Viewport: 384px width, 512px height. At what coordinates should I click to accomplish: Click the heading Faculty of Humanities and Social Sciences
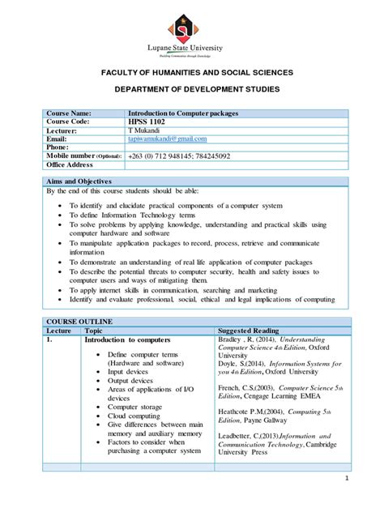click(192, 73)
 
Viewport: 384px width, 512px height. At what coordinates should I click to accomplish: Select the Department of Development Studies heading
click(192, 87)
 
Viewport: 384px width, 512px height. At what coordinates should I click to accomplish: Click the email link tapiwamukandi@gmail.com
click(167, 139)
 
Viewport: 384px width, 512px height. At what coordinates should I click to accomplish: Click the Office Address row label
click(70, 164)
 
